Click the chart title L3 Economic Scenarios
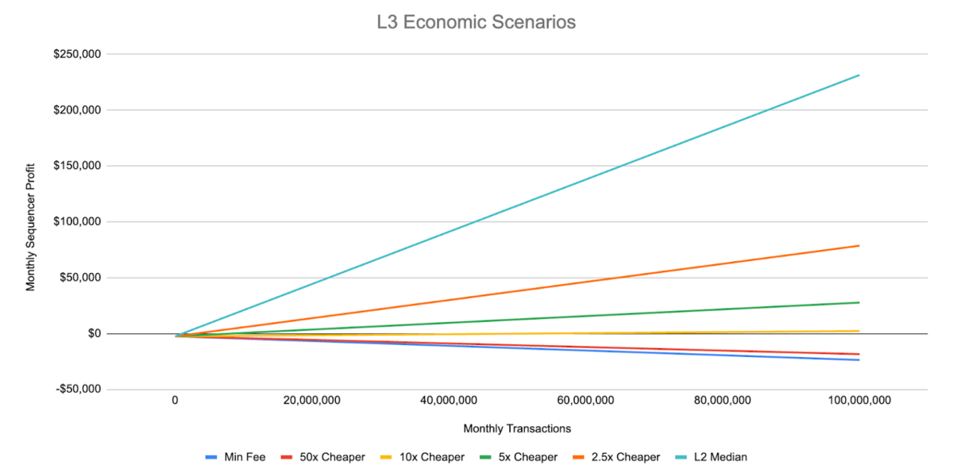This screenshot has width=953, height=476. click(x=476, y=22)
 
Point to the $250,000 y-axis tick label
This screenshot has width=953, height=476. click(x=78, y=54)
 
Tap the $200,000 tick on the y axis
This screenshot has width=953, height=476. click(x=78, y=109)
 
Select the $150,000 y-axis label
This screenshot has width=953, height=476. click(x=78, y=166)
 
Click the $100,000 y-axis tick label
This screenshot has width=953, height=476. click(x=78, y=221)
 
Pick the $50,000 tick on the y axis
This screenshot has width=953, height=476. click(x=81, y=278)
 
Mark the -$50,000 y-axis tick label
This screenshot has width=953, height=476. click(x=79, y=390)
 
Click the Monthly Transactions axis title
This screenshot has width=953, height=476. click(x=517, y=428)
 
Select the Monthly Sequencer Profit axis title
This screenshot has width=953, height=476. click(x=31, y=222)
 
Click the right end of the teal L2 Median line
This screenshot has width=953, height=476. click(x=859, y=75)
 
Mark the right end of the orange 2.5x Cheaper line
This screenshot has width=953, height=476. click(x=859, y=246)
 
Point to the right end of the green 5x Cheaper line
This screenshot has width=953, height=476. click(x=859, y=302)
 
